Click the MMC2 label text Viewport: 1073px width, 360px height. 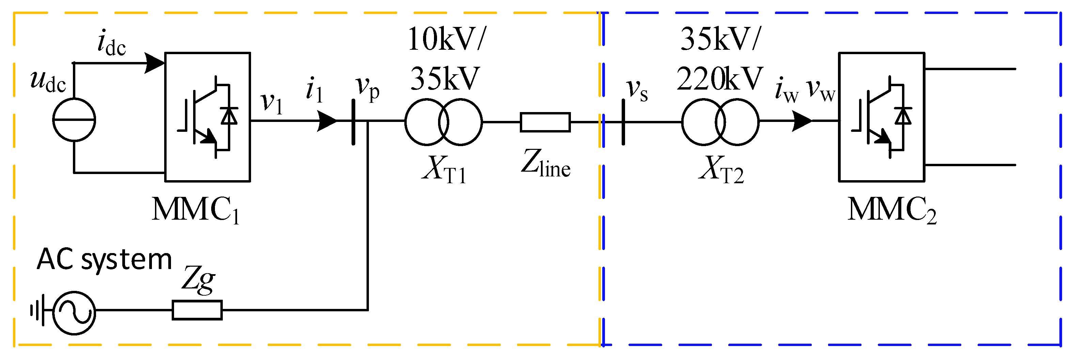tap(892, 210)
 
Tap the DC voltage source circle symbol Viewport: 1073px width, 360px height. tap(74, 120)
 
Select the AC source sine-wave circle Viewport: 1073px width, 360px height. tap(74, 313)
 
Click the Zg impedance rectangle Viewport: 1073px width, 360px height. tap(197, 310)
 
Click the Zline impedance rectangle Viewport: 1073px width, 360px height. tap(545, 122)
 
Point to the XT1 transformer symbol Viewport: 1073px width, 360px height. tap(443, 122)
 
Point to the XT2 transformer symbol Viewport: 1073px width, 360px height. tap(720, 122)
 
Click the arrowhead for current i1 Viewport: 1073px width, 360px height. tap(327, 121)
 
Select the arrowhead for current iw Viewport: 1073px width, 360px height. tap(802, 121)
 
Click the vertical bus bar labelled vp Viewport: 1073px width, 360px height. tap(353, 122)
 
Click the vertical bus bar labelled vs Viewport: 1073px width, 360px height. tap(623, 122)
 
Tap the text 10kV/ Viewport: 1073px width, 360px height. tap(447, 40)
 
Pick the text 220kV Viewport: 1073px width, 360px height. tap(719, 79)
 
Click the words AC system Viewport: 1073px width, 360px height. tap(104, 260)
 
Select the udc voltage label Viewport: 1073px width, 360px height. tap(48, 81)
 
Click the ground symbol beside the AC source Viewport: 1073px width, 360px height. tap(37, 310)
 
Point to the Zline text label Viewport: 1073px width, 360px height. tap(545, 163)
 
